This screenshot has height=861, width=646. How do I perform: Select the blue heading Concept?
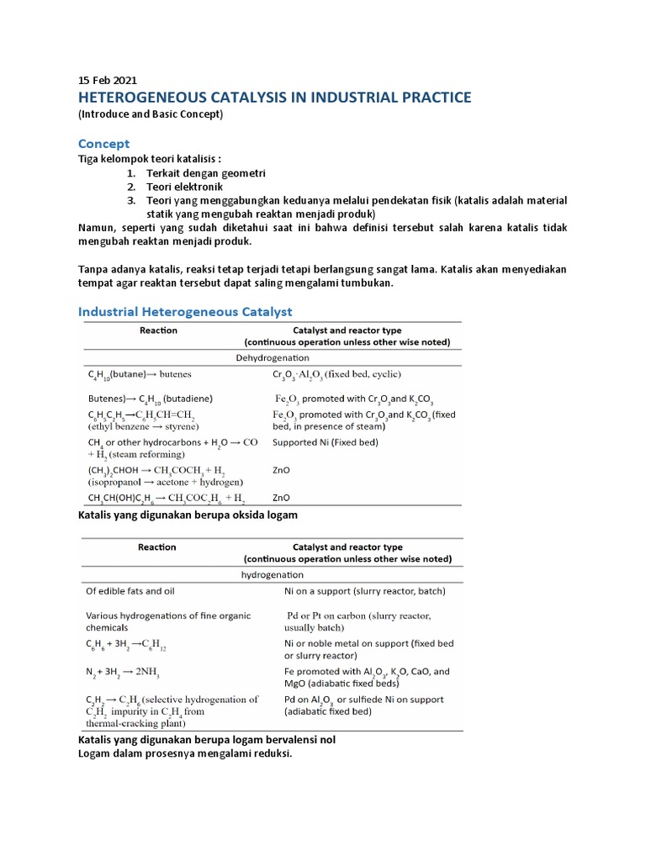103,144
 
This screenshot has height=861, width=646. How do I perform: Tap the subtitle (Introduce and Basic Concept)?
151,114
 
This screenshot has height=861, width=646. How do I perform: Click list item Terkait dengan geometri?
206,173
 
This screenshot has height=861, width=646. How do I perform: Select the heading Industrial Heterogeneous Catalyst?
197,312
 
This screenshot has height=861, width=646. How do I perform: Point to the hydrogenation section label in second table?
273,574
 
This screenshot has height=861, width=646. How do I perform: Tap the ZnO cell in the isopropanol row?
282,472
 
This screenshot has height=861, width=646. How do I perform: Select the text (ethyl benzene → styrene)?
140,425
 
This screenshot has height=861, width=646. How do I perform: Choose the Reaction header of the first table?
157,330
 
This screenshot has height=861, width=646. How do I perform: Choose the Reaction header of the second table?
157,547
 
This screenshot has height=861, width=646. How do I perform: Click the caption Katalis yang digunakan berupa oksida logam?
188,514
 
